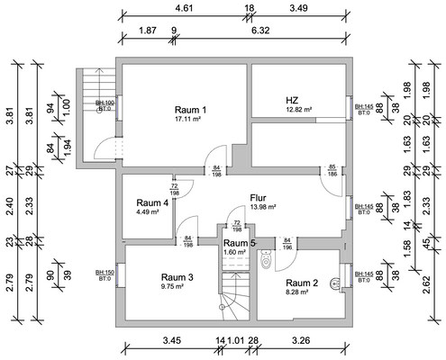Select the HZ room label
(x=292, y=100)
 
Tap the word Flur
(x=259, y=197)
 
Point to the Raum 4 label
(x=152, y=203)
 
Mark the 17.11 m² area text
(x=190, y=119)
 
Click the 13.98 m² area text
(x=262, y=207)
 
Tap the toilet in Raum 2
(x=265, y=260)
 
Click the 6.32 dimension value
(x=259, y=30)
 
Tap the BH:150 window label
(x=105, y=271)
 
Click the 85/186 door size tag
(x=332, y=169)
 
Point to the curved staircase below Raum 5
(x=234, y=292)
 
